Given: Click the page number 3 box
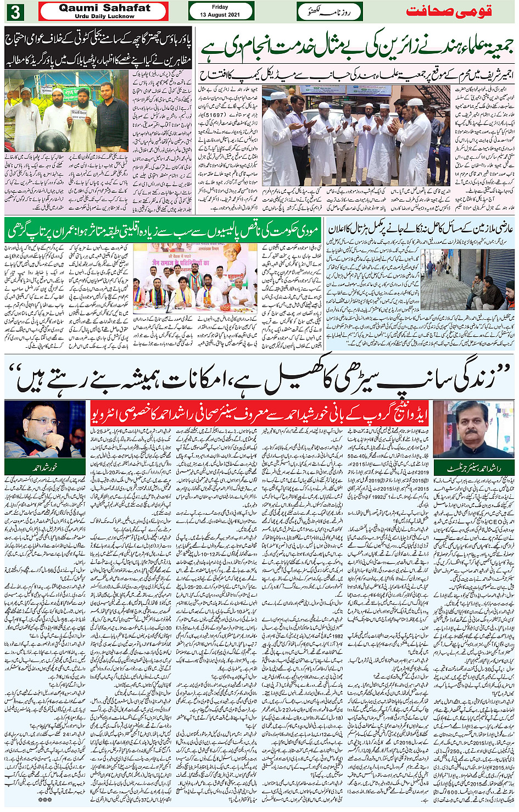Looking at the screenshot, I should point(16,12).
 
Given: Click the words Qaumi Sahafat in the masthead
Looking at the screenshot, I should point(104,8).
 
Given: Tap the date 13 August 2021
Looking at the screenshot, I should point(221,15).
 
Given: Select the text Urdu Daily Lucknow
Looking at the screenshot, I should point(104,16).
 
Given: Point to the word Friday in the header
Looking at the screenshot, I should point(220,7).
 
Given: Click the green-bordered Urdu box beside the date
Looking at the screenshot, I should point(330,12).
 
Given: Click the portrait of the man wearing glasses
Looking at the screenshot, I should point(44,429).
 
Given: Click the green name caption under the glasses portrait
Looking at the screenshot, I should point(44,467).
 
